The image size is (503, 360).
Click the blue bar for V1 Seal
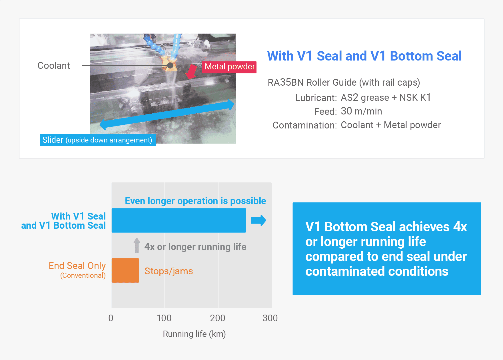pyautogui.click(x=179, y=220)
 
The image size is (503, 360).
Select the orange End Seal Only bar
pyautogui.click(x=125, y=270)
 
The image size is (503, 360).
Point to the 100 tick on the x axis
pyautogui.click(x=164, y=318)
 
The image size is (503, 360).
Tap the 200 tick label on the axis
pyautogui.click(x=218, y=318)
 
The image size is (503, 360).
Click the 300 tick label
pyautogui.click(x=270, y=318)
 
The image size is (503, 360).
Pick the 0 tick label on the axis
pyautogui.click(x=111, y=318)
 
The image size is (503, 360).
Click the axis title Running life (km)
pyautogui.click(x=194, y=334)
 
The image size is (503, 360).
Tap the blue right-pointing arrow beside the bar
pyautogui.click(x=258, y=220)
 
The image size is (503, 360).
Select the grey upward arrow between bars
pyautogui.click(x=137, y=246)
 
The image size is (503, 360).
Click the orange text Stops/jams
pyautogui.click(x=169, y=271)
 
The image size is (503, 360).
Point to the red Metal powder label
pyautogui.click(x=229, y=67)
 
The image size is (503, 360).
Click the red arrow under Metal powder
pyautogui.click(x=191, y=72)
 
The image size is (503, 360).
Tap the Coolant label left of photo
pyautogui.click(x=54, y=66)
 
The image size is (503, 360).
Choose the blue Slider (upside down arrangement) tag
pyautogui.click(x=97, y=140)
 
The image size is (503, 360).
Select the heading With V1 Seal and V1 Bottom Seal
pyautogui.click(x=364, y=56)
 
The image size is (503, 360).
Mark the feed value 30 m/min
pyautogui.click(x=361, y=111)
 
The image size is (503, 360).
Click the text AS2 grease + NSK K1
pyautogui.click(x=386, y=98)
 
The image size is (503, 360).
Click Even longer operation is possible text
pyautogui.click(x=195, y=201)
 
